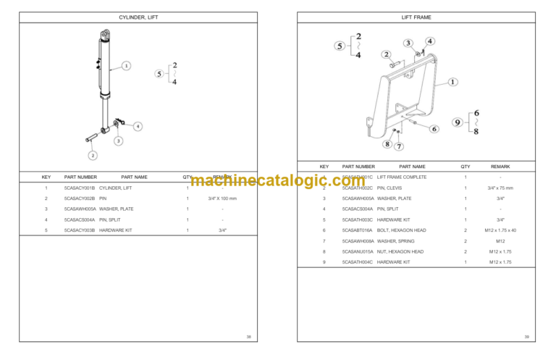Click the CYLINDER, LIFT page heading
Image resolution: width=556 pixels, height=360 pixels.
138,17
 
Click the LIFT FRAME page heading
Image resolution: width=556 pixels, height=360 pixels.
416,17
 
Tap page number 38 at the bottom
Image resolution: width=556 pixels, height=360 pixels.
248,337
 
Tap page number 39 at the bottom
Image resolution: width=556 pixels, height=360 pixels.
526,337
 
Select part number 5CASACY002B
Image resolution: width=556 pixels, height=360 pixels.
80,198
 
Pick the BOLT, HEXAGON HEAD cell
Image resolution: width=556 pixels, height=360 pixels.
402,230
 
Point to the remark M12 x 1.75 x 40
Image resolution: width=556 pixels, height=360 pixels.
500,230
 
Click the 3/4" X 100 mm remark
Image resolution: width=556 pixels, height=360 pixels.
222,198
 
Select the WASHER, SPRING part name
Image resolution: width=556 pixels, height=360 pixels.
396,240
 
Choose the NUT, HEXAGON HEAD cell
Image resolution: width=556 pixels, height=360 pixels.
400,251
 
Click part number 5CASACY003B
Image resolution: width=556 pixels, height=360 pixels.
80,230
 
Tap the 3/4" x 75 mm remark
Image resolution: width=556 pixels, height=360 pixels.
500,188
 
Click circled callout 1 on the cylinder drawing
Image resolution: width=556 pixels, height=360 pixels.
126,65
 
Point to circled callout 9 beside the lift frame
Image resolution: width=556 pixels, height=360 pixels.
458,122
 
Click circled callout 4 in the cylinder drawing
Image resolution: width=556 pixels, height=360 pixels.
138,126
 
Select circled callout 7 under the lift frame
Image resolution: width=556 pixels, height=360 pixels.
399,146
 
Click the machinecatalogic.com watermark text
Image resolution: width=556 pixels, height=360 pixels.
278,181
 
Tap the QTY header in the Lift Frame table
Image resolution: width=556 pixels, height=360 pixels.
466,167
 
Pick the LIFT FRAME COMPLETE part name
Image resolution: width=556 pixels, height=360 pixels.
402,177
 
